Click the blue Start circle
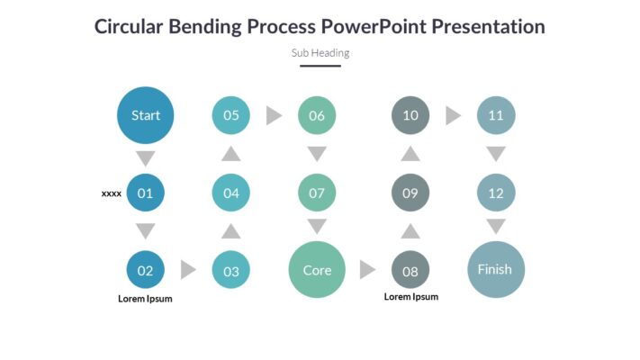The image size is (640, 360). click(x=145, y=115)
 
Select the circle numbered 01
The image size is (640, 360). click(x=145, y=193)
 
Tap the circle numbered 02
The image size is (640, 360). click(x=145, y=270)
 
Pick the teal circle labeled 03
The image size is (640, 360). click(x=231, y=270)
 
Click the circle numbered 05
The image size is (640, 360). click(x=231, y=115)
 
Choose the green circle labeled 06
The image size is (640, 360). click(x=317, y=115)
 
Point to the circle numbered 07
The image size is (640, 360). click(x=317, y=193)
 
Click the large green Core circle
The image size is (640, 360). click(x=317, y=270)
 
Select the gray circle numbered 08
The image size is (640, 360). click(x=410, y=270)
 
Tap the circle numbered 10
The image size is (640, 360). click(x=410, y=115)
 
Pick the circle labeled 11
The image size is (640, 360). click(x=496, y=115)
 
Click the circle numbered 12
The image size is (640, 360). click(x=496, y=193)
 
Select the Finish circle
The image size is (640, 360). click(x=496, y=269)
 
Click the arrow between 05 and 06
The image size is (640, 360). click(x=274, y=115)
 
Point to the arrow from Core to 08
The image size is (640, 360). click(x=367, y=270)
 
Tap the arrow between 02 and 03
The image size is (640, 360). click(x=188, y=270)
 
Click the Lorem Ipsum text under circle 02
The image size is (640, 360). click(x=145, y=299)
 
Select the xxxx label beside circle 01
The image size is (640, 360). click(x=112, y=193)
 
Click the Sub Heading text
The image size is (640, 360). click(x=320, y=53)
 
